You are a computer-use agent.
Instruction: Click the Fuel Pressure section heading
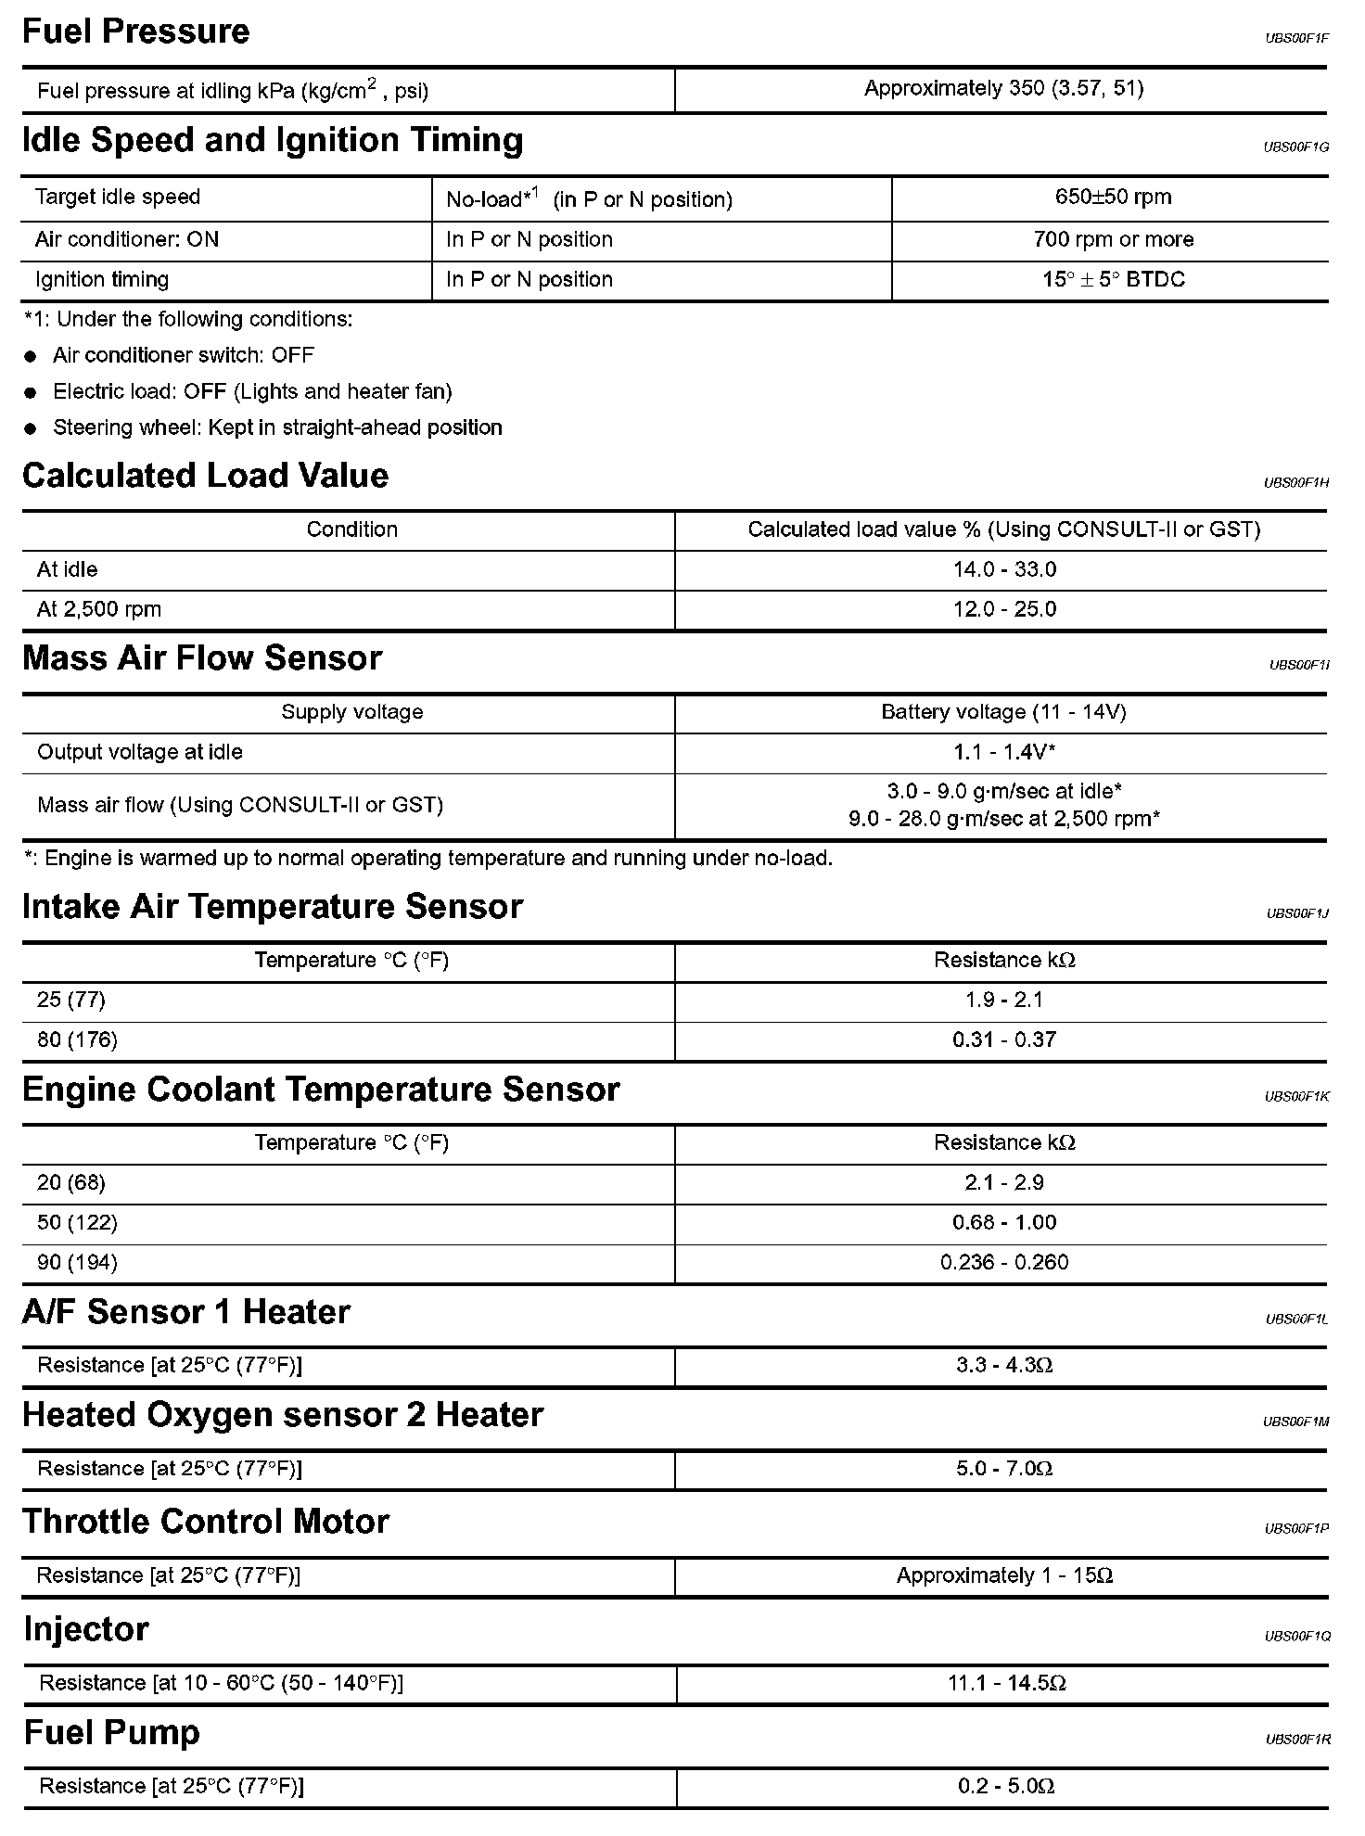[x=135, y=32]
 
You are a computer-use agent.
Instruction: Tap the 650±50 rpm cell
[x=1112, y=198]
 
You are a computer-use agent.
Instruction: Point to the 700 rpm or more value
[x=1113, y=239]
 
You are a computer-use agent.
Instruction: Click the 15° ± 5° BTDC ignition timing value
[x=1113, y=280]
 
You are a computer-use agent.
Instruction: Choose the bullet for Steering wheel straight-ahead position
[x=32, y=428]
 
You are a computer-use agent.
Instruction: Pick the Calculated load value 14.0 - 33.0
[x=1003, y=569]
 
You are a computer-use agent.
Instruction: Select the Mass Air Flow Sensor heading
[x=201, y=657]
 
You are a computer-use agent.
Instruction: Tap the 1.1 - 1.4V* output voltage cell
[x=1003, y=752]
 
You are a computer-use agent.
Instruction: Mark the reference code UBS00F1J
[x=1296, y=913]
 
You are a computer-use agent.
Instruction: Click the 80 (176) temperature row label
[x=77, y=1039]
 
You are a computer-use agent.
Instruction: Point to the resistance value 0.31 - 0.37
[x=1003, y=1039]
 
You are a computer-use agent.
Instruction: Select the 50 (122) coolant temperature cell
[x=77, y=1222]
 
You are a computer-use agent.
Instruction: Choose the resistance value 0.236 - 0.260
[x=1003, y=1262]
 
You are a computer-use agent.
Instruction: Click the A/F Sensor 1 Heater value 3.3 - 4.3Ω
[x=1003, y=1365]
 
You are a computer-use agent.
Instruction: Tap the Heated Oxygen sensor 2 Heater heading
[x=282, y=1415]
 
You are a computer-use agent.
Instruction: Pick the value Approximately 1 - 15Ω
[x=1003, y=1575]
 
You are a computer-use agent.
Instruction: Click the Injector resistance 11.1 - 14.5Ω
[x=1006, y=1682]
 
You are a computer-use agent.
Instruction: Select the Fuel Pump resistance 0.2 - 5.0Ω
[x=1006, y=1786]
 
